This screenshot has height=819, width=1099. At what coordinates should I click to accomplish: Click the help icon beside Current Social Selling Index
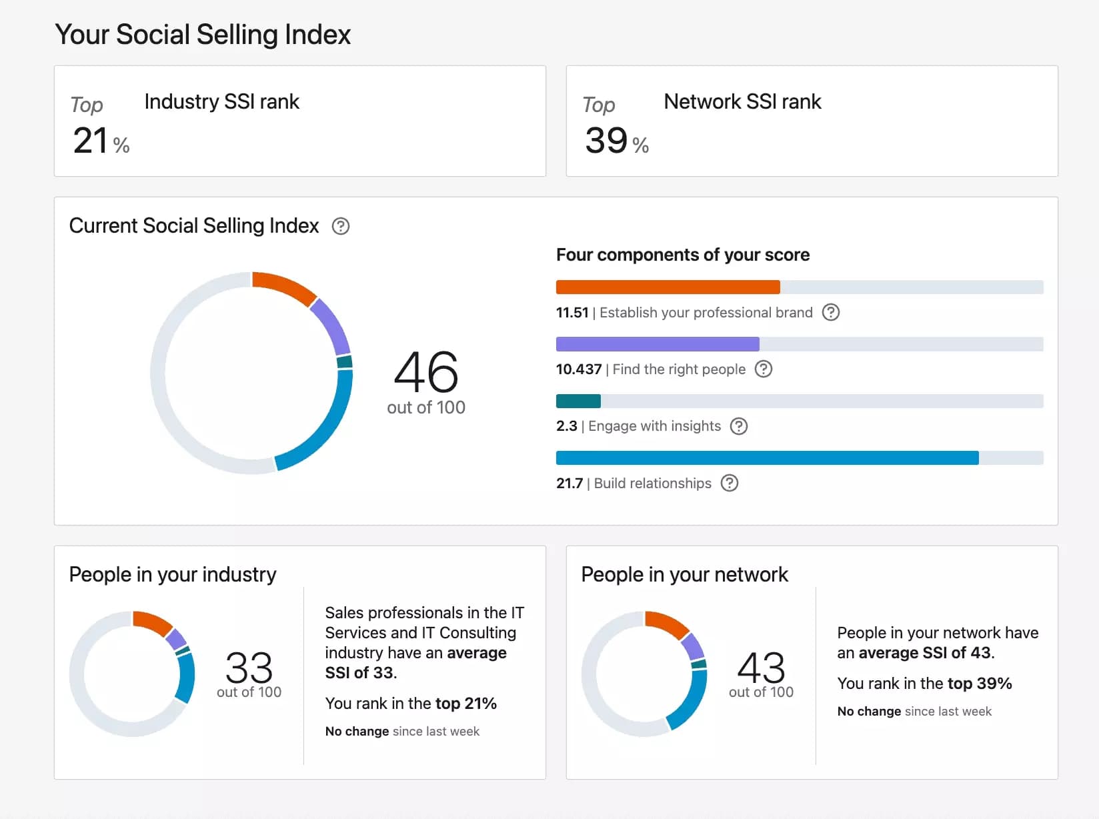tap(341, 226)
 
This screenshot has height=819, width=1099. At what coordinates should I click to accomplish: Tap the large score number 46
tap(425, 372)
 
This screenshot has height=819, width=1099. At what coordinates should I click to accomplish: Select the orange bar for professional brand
tap(668, 287)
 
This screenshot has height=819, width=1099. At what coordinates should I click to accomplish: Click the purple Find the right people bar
tap(657, 344)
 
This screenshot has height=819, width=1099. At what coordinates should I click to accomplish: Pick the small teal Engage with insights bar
tap(578, 401)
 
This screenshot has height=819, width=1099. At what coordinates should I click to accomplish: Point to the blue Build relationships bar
tap(767, 458)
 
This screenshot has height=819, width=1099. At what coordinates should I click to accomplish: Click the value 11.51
tap(572, 313)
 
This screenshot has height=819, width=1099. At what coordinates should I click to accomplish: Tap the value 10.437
tap(578, 369)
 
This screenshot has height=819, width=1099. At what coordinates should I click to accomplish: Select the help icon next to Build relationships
tap(730, 483)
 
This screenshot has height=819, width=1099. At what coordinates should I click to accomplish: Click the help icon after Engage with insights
tap(739, 426)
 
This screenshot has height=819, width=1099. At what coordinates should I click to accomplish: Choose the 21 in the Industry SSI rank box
tap(91, 141)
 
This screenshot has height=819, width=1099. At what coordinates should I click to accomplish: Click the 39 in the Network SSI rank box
tap(606, 141)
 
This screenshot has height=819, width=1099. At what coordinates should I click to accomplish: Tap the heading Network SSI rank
tap(742, 101)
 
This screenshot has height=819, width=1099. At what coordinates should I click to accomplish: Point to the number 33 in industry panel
tap(249, 667)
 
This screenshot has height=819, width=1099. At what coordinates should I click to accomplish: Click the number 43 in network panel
tap(761, 667)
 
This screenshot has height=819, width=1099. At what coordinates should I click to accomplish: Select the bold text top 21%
tap(465, 703)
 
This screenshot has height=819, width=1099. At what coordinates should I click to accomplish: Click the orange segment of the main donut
tap(285, 285)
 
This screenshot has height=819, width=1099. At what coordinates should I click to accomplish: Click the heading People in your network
tap(684, 574)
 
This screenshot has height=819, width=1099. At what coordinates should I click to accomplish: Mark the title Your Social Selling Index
tap(203, 35)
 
